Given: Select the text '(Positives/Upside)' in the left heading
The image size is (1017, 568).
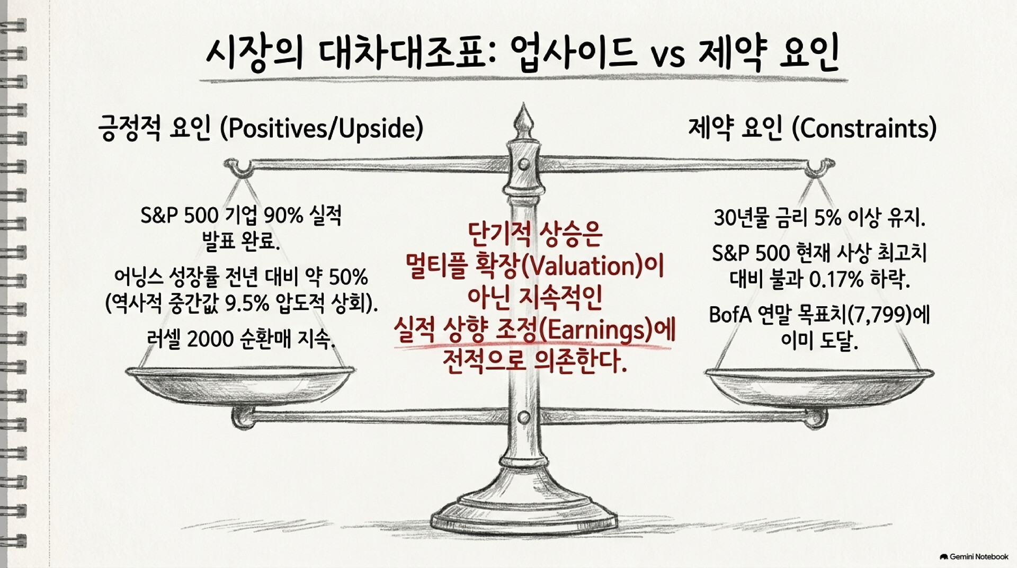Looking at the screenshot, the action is pyautogui.click(x=322, y=129).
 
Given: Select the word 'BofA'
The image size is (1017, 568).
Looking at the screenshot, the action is pyautogui.click(x=730, y=316).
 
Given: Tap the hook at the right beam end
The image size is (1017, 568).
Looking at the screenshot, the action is pyautogui.click(x=819, y=166).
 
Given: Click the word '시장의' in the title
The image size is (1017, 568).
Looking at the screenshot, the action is pyautogui.click(x=254, y=55).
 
